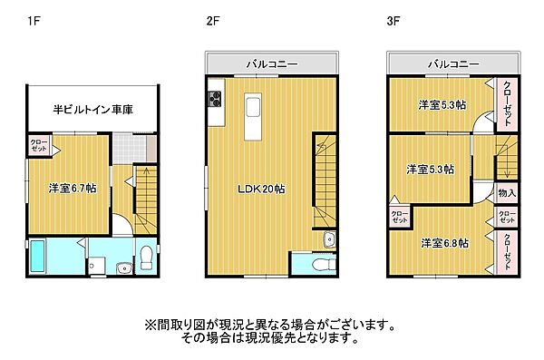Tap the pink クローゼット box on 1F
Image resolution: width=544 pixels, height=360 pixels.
point(39,145)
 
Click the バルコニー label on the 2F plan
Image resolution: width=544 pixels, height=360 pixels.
point(273,63)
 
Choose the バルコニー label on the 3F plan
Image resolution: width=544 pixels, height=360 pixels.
point(453,63)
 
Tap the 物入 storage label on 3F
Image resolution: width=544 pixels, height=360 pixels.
point(506,193)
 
